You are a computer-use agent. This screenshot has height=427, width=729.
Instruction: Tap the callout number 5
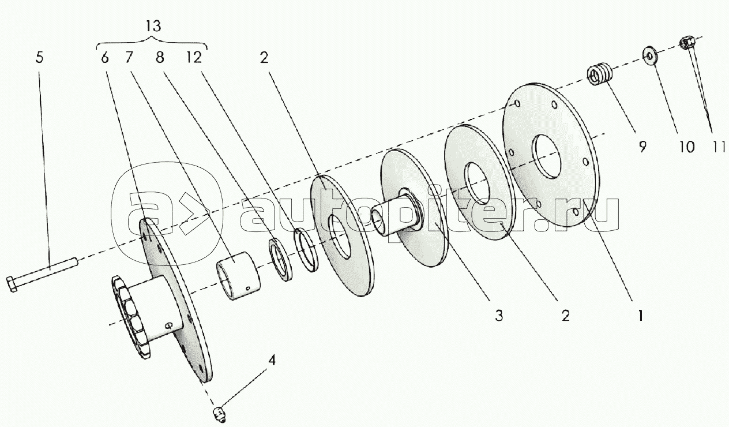(x=39, y=58)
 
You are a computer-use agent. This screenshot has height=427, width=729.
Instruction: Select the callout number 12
(x=194, y=58)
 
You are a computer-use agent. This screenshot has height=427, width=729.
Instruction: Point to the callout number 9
(x=642, y=147)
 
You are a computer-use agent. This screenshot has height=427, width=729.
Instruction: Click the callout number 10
(x=687, y=147)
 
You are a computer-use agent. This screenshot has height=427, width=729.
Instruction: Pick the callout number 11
(x=717, y=147)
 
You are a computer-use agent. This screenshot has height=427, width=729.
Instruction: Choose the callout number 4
(x=272, y=361)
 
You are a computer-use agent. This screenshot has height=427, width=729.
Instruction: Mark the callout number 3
(x=499, y=315)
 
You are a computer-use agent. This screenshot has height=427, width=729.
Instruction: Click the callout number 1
(x=640, y=315)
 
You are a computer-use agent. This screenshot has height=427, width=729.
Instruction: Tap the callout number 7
(x=129, y=58)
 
